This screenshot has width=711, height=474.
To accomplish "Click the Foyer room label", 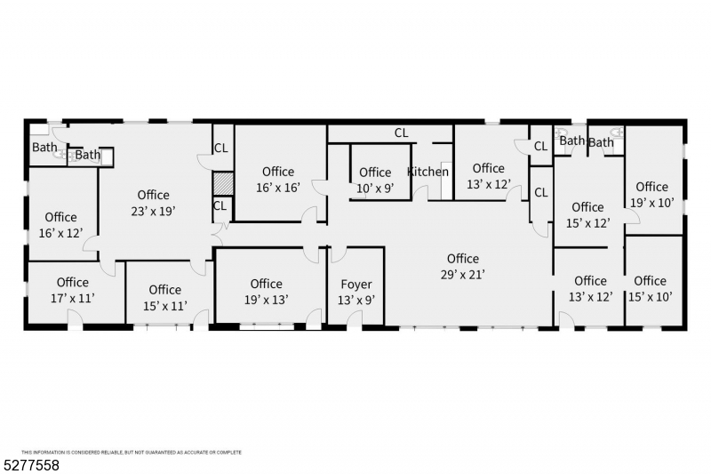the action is (x=356, y=285).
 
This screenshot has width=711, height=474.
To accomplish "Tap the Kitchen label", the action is (x=427, y=172).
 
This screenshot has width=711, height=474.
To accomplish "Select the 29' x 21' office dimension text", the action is (x=463, y=275).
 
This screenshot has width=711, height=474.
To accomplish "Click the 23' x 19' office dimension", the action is (x=153, y=212).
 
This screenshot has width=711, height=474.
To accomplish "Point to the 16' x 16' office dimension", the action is (x=278, y=188).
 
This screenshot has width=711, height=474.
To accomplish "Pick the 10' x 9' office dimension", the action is (x=375, y=189).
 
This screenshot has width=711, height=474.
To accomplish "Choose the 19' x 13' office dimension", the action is (x=266, y=300).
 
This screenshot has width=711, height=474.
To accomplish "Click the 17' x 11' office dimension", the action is (x=73, y=299).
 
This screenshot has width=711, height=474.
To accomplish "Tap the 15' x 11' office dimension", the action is (x=165, y=306).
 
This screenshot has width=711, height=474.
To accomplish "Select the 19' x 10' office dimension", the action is (x=652, y=203).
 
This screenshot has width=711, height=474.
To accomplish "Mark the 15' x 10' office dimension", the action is (x=651, y=297).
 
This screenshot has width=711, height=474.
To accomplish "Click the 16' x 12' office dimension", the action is (x=60, y=233).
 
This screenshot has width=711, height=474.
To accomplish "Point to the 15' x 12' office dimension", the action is (x=587, y=223).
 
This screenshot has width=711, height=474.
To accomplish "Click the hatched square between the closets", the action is (x=223, y=183).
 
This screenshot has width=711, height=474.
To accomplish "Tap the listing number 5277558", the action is (x=31, y=465).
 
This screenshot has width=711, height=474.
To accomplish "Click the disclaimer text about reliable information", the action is (x=132, y=453).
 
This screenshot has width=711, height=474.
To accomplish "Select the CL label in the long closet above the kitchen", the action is (x=402, y=133).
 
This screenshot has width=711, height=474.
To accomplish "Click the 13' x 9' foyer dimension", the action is (x=356, y=301).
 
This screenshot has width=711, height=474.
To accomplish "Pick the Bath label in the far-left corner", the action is (x=44, y=147).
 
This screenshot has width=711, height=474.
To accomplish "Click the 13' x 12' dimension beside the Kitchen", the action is (x=489, y=184).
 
